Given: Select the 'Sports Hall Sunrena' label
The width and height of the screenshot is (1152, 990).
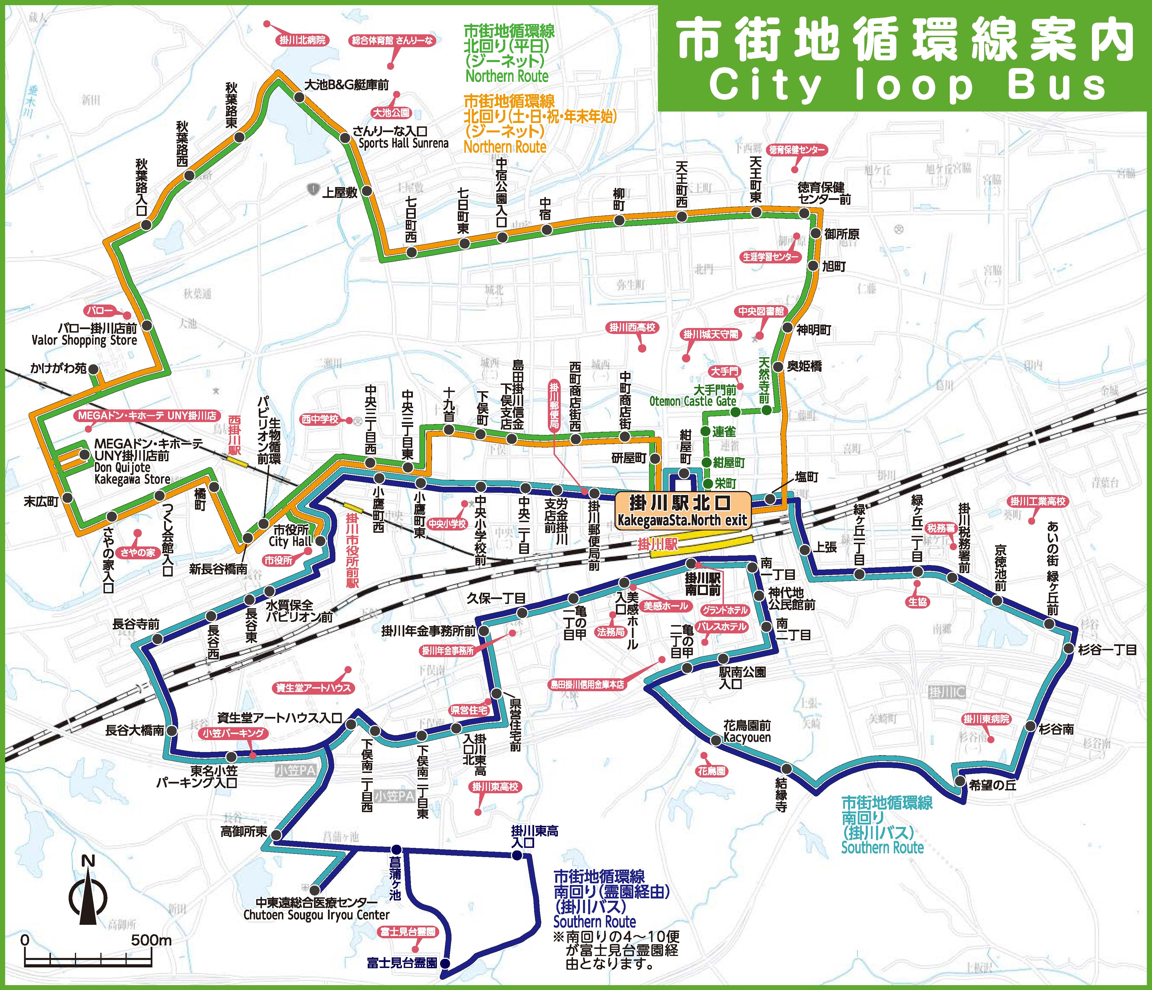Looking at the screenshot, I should tap(403, 144).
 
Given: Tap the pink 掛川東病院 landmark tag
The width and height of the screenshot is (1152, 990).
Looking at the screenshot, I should tap(986, 719).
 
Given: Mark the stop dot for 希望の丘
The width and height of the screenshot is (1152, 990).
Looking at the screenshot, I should tap(960, 782).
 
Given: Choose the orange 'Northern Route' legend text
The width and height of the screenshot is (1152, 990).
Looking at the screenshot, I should tap(505, 147).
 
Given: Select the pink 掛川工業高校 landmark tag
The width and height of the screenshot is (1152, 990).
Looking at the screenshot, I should tap(1037, 502).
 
